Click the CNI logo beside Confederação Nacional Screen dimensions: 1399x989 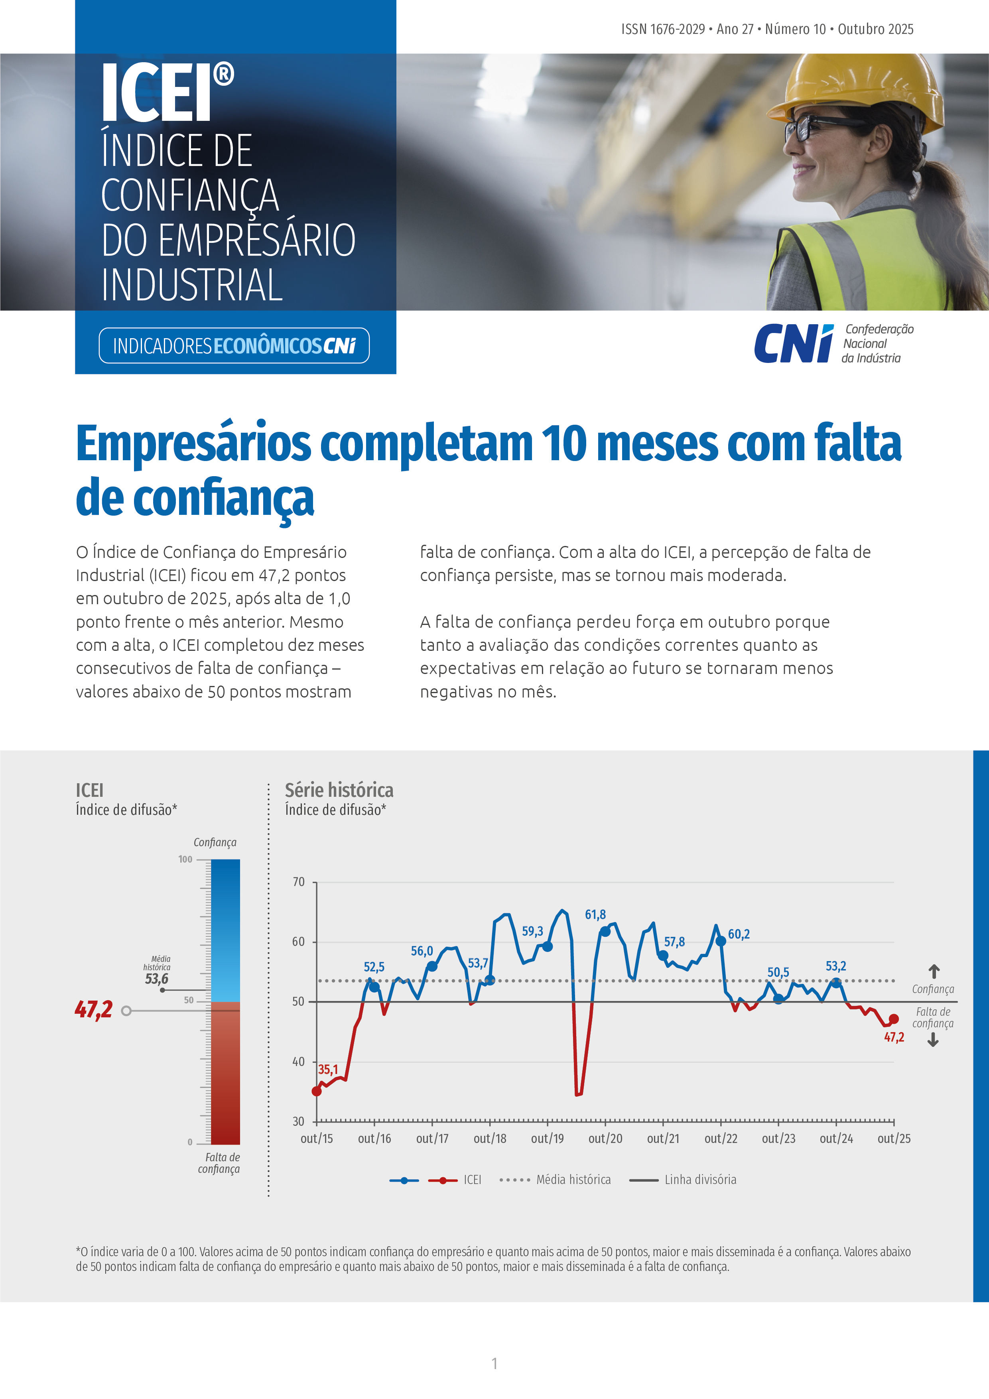point(794,344)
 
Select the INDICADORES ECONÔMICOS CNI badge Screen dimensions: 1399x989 point(234,345)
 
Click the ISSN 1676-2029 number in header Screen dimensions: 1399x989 point(663,29)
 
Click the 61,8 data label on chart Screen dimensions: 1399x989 point(595,914)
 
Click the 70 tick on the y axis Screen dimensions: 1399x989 point(299,882)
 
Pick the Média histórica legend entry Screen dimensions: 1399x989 point(573,1180)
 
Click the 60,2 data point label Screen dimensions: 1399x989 point(739,934)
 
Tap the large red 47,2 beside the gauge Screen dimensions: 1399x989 point(94,1010)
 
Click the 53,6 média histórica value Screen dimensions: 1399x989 point(157,979)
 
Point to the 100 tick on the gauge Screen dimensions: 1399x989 point(185,859)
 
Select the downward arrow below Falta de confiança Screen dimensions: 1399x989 point(933,1041)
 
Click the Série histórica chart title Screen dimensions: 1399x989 point(339,790)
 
